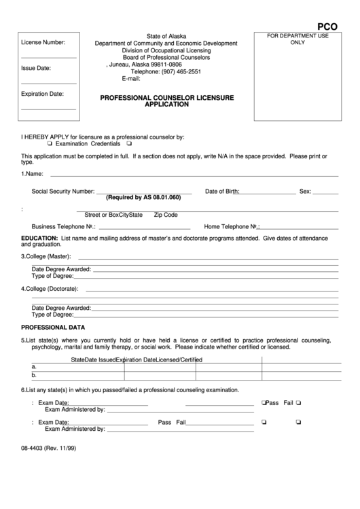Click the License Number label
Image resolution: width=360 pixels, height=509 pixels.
[x=43, y=43]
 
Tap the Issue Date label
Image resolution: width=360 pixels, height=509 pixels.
[x=36, y=68]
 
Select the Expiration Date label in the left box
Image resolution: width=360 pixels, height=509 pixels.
[x=42, y=94]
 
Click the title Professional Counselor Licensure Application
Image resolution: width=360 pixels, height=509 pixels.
[x=166, y=101]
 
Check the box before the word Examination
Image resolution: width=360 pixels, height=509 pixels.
[x=50, y=144]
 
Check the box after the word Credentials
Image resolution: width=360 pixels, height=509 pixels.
[x=129, y=144]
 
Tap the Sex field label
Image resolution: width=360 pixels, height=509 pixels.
[x=305, y=192]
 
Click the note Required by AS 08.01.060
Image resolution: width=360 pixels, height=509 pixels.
[x=143, y=198]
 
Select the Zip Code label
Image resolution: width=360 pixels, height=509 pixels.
[x=166, y=215]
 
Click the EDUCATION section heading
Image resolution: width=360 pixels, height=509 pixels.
[x=39, y=238]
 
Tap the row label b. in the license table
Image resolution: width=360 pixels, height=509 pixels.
[x=34, y=374]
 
